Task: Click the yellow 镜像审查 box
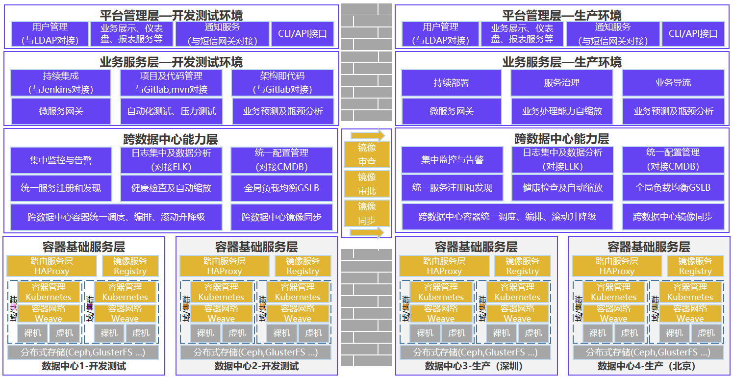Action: pos(367,154)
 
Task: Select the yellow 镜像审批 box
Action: pos(367,184)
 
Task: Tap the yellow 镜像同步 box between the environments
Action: pos(367,213)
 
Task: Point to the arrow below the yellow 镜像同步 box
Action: pos(367,232)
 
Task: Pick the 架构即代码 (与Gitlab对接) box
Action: pos(282,83)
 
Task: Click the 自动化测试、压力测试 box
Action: pos(171,111)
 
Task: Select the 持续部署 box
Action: pos(451,83)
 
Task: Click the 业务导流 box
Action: pos(673,83)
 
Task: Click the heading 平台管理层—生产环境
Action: pos(561,15)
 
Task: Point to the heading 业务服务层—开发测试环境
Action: pos(171,62)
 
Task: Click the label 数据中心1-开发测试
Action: pos(84,366)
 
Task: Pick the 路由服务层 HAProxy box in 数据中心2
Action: pos(225,266)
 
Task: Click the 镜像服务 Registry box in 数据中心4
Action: pos(695,266)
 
